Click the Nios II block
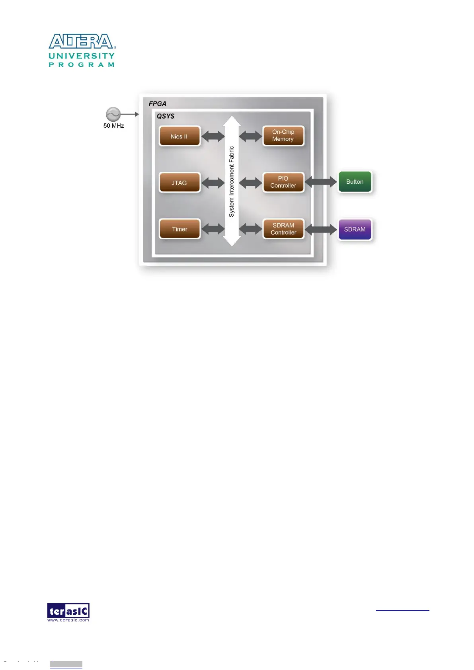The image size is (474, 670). [x=179, y=136]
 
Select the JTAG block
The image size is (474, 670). [x=179, y=183]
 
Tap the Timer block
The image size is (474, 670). [x=179, y=229]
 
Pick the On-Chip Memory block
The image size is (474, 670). [x=283, y=136]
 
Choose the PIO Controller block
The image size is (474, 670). [x=283, y=182]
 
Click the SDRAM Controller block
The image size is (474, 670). [x=283, y=229]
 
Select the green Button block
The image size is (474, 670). [x=355, y=182]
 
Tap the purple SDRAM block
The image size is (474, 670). [x=355, y=230]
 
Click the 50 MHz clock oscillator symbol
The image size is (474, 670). [x=113, y=114]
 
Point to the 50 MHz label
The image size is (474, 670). [x=113, y=126]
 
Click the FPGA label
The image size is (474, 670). [x=158, y=104]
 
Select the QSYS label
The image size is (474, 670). [x=166, y=116]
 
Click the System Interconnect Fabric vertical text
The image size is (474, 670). [x=232, y=181]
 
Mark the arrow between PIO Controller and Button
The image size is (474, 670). [x=321, y=182]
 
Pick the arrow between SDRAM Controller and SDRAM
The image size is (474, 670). [x=321, y=229]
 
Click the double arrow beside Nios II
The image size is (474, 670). [x=213, y=136]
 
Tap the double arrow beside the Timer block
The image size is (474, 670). [x=213, y=229]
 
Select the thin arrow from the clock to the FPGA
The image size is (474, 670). [x=130, y=114]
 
